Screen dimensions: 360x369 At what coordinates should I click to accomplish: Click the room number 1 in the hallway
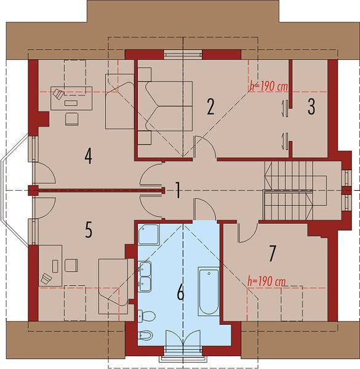(x=178, y=190)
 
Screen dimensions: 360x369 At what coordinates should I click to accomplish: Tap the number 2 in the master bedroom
(x=210, y=106)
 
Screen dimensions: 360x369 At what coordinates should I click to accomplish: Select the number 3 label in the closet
(x=311, y=106)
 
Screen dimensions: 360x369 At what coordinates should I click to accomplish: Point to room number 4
(x=88, y=156)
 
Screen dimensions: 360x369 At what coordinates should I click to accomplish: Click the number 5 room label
(x=89, y=229)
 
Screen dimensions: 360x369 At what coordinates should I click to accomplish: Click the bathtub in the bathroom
(x=209, y=291)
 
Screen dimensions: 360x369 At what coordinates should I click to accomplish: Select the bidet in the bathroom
(x=145, y=335)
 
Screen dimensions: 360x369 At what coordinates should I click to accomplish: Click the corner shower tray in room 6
(x=148, y=234)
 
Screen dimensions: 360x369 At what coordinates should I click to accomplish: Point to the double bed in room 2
(x=165, y=106)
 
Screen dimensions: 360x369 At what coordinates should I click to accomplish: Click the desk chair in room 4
(x=71, y=119)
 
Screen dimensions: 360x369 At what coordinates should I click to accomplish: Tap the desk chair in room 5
(x=71, y=265)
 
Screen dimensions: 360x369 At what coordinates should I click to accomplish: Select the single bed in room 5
(x=113, y=287)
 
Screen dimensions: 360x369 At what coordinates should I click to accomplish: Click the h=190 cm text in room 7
(x=266, y=281)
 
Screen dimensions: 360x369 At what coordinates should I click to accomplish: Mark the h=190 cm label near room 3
(x=269, y=86)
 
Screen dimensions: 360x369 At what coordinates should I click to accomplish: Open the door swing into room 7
(x=247, y=232)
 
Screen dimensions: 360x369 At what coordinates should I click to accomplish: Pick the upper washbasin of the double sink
(x=145, y=269)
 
